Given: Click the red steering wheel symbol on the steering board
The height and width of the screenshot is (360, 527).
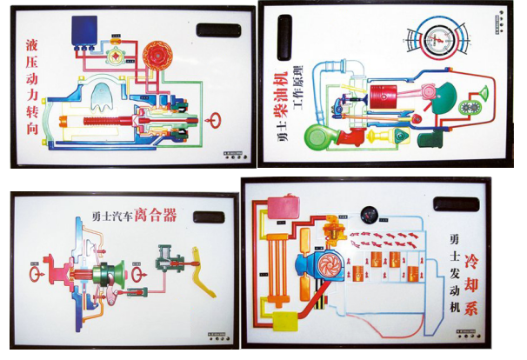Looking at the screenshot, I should [212, 118].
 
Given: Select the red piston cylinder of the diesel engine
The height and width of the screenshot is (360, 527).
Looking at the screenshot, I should [384, 95].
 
